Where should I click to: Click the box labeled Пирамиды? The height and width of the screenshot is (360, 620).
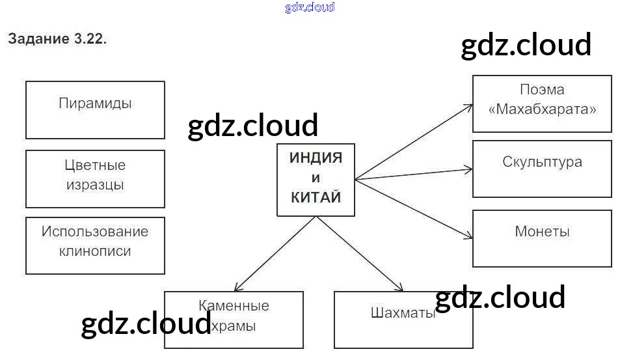95,109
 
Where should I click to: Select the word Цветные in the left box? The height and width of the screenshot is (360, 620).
95,165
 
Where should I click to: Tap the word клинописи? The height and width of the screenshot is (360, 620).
95,251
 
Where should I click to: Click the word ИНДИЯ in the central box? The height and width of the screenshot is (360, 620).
316,158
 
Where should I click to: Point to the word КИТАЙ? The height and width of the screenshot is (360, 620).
316,198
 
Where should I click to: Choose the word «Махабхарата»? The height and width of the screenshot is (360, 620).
542,109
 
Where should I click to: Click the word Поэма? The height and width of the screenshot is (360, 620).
542,90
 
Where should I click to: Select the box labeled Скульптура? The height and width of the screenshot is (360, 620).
542,169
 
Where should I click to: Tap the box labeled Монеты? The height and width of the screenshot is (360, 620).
542,238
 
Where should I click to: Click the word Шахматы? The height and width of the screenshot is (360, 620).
403,312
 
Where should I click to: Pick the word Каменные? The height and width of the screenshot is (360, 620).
234,305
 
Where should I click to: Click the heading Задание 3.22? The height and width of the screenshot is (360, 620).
57,39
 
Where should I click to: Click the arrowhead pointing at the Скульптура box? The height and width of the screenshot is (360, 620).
469,170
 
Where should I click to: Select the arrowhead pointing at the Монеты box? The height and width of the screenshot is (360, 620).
469,238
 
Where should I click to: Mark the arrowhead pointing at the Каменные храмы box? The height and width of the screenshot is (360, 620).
237,288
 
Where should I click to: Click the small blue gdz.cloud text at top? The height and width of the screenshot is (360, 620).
310,8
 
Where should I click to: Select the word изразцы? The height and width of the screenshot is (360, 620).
95,185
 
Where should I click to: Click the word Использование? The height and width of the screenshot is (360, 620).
95,232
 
